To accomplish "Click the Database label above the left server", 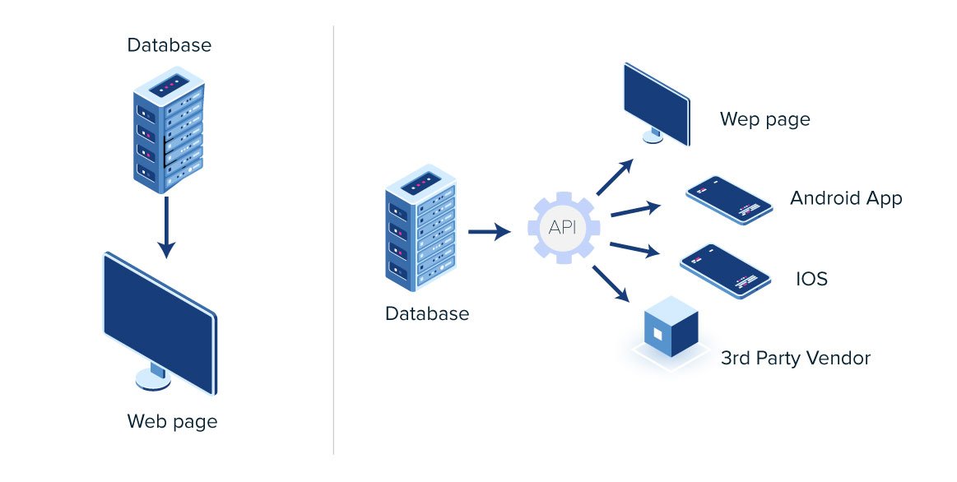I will (x=169, y=44).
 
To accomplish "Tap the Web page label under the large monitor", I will (x=172, y=422).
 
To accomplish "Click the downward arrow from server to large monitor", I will (x=167, y=225).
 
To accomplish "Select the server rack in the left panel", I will (x=168, y=132).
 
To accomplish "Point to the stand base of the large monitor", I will (x=152, y=378).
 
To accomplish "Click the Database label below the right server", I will (x=427, y=313).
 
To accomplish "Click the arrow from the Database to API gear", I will (x=489, y=233).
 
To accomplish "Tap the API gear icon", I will (x=562, y=228).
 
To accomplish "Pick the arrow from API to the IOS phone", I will (x=634, y=248).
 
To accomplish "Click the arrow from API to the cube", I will (x=611, y=282).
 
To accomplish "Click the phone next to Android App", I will (x=729, y=200).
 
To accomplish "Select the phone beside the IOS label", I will (x=725, y=271).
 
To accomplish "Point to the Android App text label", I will (x=846, y=198).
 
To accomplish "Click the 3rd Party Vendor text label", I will (x=795, y=358).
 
